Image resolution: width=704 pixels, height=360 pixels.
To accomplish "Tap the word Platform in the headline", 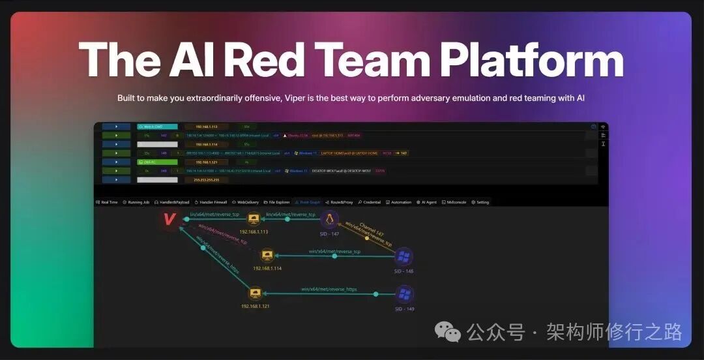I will [531, 60].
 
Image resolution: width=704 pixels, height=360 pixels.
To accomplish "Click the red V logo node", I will [169, 219].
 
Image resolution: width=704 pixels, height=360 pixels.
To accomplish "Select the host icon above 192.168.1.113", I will [254, 220].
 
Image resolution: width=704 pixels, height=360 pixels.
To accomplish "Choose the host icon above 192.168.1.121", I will [255, 294].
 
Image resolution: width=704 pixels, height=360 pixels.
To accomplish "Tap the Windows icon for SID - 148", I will [404, 256].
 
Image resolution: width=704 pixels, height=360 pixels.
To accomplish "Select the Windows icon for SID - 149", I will [404, 294].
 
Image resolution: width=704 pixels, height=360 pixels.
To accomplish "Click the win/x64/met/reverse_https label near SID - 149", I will [329, 289].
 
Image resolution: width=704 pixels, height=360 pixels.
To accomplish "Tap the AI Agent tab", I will [427, 202].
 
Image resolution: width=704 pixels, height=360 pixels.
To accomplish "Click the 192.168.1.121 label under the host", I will [255, 306].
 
